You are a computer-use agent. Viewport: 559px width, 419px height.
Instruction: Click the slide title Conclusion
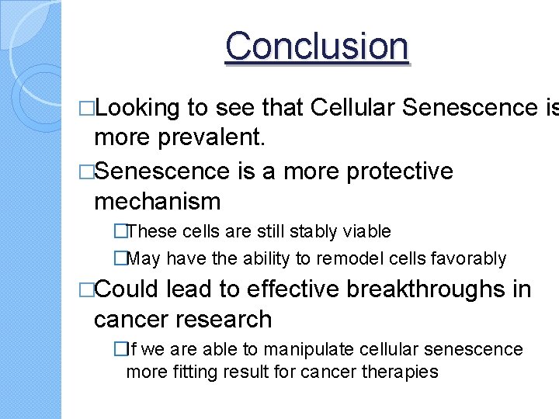[x=316, y=47]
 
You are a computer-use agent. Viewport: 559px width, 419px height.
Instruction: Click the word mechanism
[x=157, y=202]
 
